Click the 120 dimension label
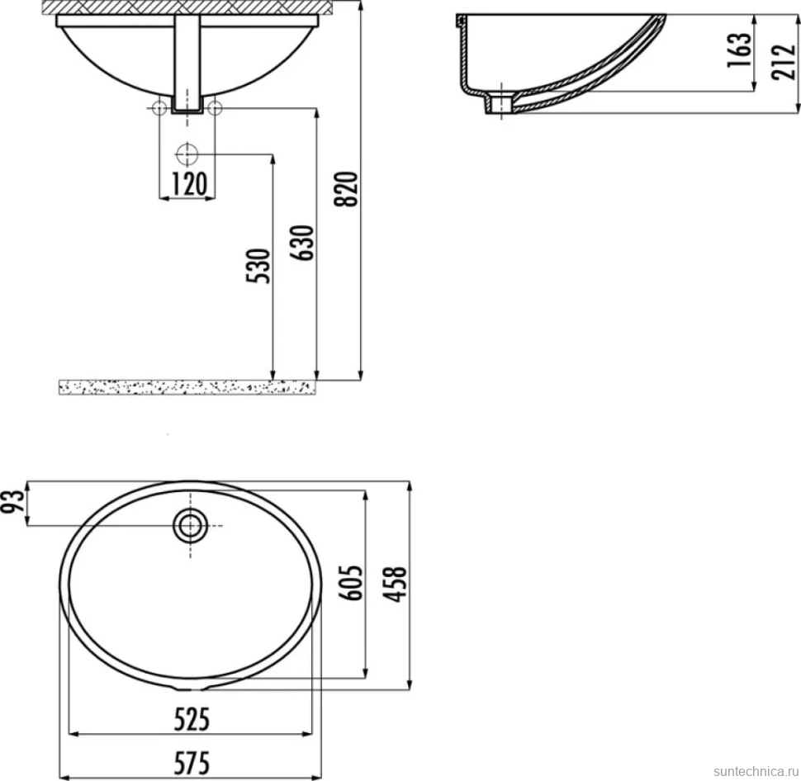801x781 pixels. point(189,184)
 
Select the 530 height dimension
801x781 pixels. point(258,266)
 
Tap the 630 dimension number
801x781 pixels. point(302,244)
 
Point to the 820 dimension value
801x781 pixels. point(346,189)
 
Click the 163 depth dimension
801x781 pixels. point(739,50)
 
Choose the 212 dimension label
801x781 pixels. point(784,62)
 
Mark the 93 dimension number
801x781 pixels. point(12,501)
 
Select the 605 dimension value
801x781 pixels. point(351,583)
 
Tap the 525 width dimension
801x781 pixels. point(192,720)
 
